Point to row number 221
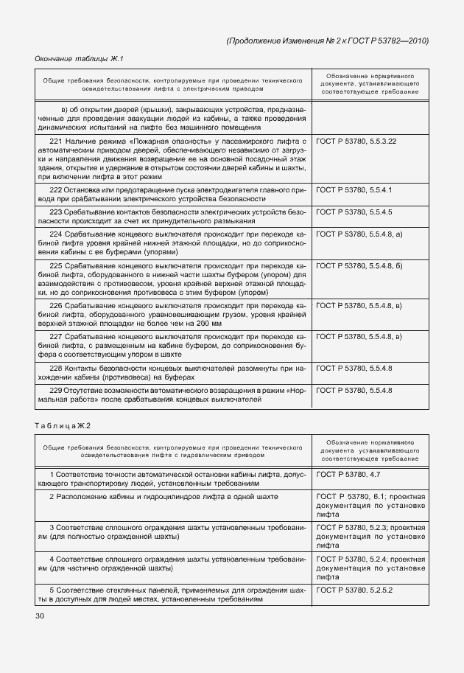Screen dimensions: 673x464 click(55, 139)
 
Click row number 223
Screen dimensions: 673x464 click(55, 212)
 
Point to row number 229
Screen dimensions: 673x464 click(55, 390)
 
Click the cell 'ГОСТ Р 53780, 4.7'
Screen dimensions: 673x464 click(348, 476)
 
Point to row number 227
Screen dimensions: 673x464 click(55, 335)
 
